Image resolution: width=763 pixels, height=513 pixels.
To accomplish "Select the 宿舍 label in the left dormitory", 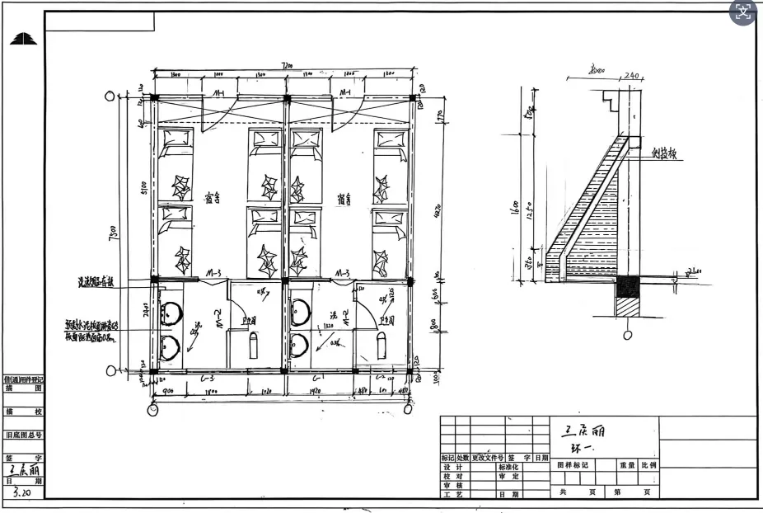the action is pos(212,198).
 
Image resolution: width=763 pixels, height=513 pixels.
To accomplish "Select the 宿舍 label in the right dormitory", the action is pos(344,198).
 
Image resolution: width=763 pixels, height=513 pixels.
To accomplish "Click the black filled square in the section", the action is pos(629,286).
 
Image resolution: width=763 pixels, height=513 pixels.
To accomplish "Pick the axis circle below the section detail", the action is pos(628,335).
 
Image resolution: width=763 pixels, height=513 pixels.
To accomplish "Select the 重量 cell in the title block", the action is pos(629,465).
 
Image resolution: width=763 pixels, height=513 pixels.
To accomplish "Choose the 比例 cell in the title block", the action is pos(649,465).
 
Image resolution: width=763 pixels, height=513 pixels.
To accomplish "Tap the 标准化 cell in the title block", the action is pos(508,467).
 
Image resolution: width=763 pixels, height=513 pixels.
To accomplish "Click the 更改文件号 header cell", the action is pos(488,458).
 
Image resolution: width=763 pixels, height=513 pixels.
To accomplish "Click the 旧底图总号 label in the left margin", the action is pos(23,435).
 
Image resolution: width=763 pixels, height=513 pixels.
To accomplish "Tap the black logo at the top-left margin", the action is pos(22,39).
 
